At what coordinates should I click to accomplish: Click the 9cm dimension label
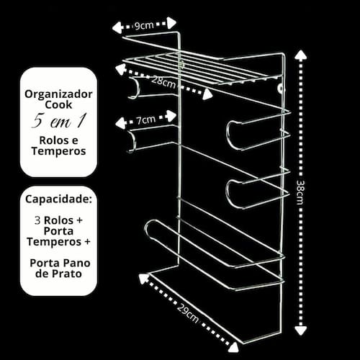(x=144, y=25)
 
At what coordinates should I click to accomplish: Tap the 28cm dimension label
(x=163, y=83)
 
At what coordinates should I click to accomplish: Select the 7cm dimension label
(x=146, y=120)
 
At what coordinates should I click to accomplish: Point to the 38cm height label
(x=300, y=192)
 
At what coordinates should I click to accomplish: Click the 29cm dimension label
(x=188, y=312)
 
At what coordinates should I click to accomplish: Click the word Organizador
(x=58, y=94)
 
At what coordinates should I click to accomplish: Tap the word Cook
(x=58, y=104)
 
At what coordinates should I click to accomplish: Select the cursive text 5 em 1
(x=58, y=121)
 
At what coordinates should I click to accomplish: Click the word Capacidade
(x=58, y=199)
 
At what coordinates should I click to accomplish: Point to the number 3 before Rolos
(x=37, y=220)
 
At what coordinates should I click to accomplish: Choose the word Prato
(x=66, y=274)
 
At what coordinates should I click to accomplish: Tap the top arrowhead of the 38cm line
(x=300, y=55)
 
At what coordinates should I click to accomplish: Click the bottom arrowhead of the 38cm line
(x=300, y=330)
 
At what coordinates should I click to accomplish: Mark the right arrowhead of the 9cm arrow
(x=171, y=23)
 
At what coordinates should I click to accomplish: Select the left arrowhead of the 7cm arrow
(x=120, y=122)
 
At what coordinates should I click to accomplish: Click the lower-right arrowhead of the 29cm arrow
(x=233, y=347)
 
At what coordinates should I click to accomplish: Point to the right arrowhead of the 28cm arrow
(x=207, y=94)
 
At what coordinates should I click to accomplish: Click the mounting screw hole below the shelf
(x=280, y=89)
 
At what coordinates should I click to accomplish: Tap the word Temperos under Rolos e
(x=58, y=151)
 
